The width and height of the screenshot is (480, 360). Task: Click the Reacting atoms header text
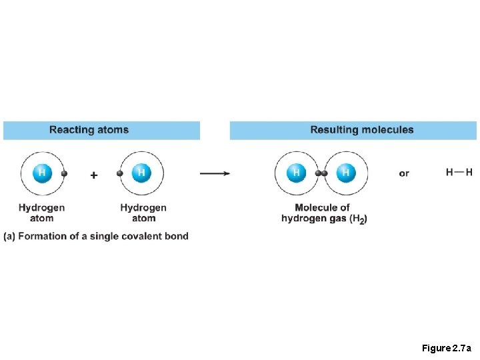[89, 130]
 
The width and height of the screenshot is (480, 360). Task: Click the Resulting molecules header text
[362, 130]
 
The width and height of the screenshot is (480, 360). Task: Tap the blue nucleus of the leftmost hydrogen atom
[42, 173]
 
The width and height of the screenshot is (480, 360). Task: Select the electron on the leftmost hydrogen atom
[64, 173]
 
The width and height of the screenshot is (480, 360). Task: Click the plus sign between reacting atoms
[93, 175]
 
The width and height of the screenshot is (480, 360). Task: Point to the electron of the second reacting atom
[120, 173]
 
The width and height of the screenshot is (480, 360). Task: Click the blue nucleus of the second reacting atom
[141, 173]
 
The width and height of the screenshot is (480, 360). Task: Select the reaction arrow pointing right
[215, 173]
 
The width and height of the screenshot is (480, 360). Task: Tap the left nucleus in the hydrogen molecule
[296, 173]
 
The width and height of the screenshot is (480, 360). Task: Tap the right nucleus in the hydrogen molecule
[345, 173]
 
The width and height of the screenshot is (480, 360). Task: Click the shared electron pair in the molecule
[321, 173]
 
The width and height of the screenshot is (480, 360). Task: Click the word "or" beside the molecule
[404, 173]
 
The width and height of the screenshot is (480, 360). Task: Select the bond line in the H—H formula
[459, 172]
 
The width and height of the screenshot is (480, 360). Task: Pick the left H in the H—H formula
[450, 172]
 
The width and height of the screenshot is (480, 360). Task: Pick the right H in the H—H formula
[469, 172]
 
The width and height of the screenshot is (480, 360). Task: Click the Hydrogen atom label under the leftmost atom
[42, 213]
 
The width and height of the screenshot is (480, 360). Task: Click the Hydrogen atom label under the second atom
[143, 213]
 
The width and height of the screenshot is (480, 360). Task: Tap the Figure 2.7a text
[446, 348]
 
